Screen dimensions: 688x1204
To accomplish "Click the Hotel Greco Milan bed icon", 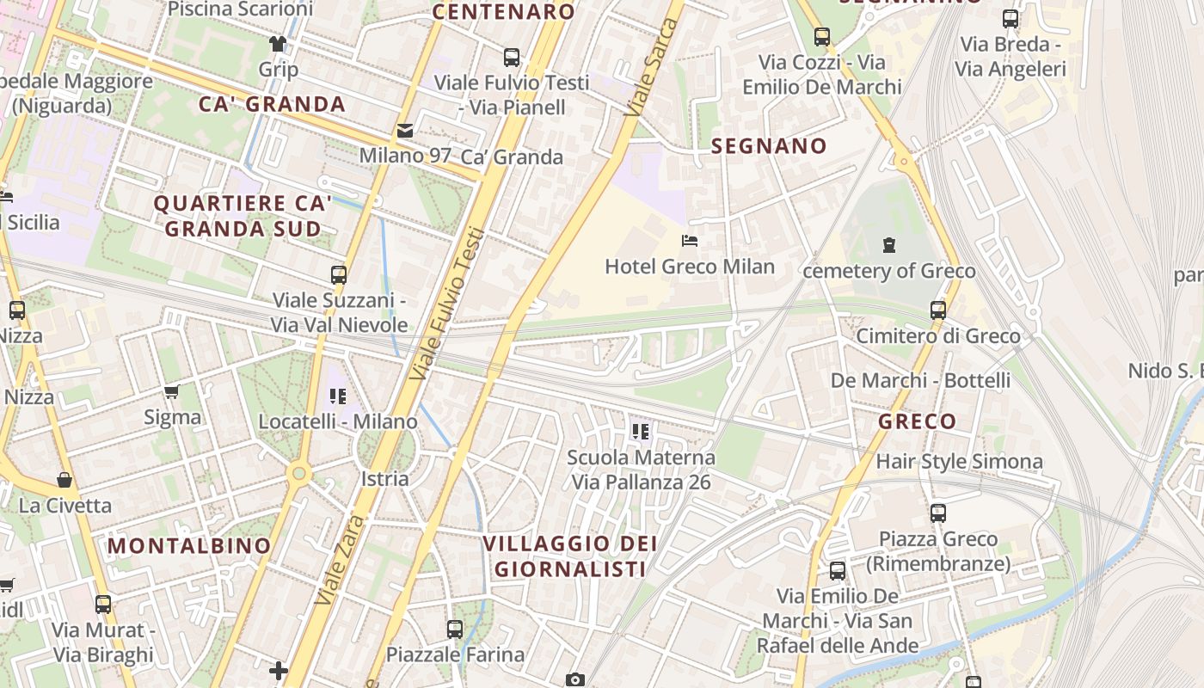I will click(689, 241).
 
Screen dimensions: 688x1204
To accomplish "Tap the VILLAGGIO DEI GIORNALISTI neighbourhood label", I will click(569, 556).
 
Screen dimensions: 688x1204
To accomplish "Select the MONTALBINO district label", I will click(189, 546).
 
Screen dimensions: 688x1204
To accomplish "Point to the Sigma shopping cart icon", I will click(172, 392).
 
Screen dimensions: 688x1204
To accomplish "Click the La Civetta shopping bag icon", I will click(64, 479).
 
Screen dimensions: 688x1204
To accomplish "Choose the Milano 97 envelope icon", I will click(404, 131).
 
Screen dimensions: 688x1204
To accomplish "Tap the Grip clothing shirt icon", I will click(277, 44).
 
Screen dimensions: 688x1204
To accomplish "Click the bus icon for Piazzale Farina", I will click(455, 630).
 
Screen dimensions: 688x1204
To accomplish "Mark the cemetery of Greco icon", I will click(889, 245).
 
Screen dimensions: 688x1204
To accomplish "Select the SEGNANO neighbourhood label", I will click(769, 146).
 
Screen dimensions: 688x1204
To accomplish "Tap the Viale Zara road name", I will click(337, 559).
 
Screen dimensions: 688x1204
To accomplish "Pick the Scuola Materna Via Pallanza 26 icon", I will click(640, 431).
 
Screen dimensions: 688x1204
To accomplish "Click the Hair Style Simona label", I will click(959, 462).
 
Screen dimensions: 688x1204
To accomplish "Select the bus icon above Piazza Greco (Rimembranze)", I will click(938, 513).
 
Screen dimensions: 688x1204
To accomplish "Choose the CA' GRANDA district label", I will click(272, 105).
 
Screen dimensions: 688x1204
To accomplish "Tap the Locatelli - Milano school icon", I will click(338, 396).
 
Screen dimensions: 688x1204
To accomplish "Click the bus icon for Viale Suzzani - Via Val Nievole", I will click(339, 275).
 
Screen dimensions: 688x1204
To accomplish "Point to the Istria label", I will click(384, 479).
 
